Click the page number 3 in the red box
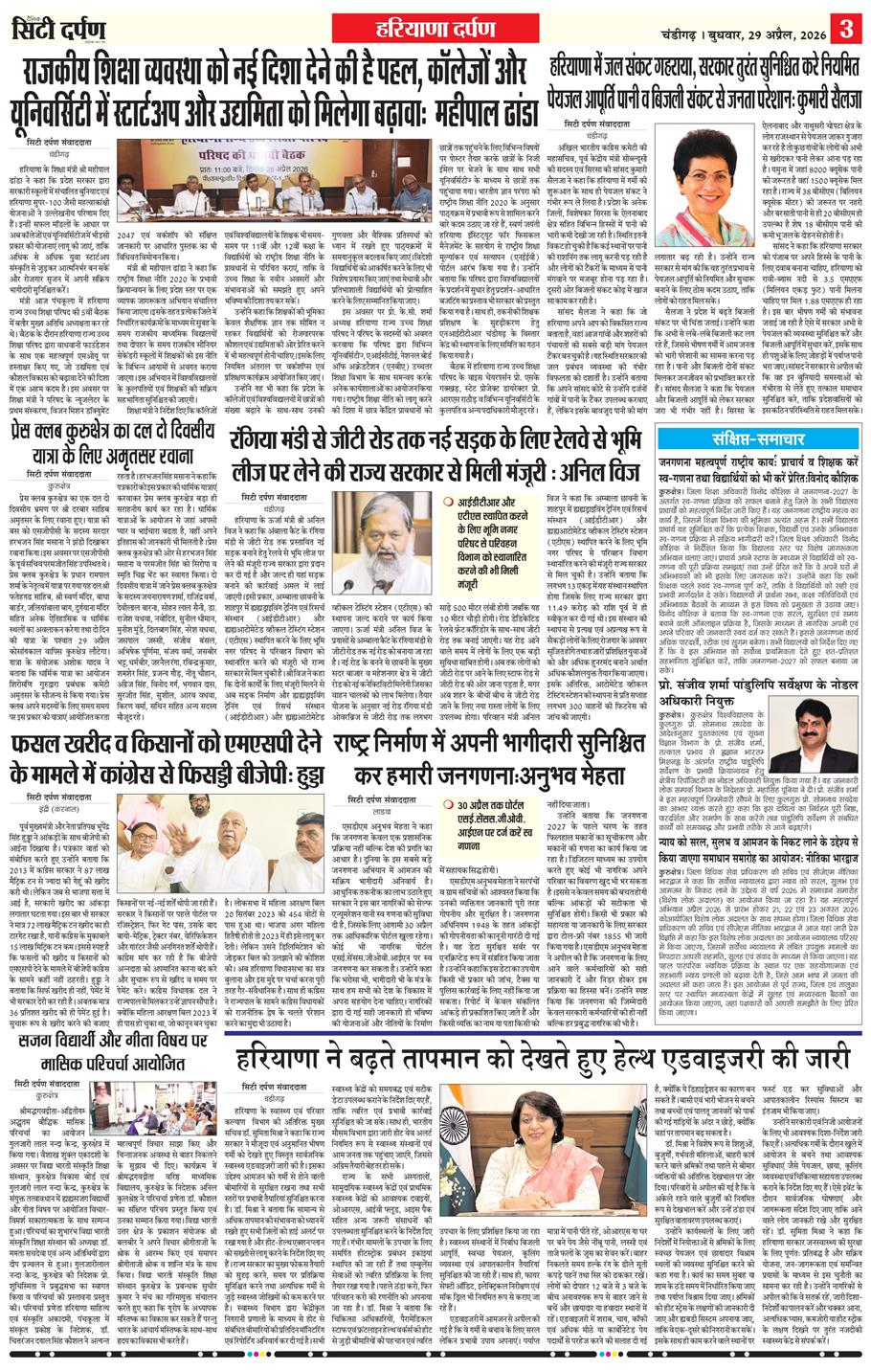pyautogui.click(x=847, y=21)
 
